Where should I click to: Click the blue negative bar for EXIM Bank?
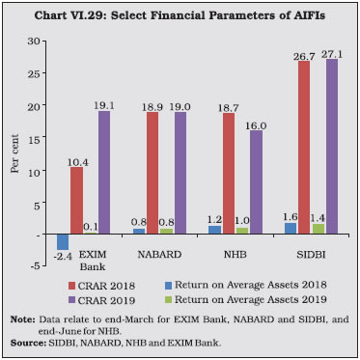[x=63, y=242]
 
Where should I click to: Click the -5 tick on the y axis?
[x=34, y=265]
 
